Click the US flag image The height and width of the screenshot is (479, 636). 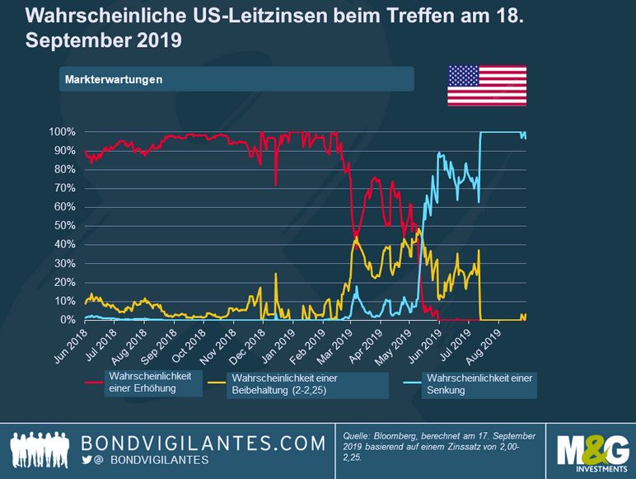pyautogui.click(x=487, y=86)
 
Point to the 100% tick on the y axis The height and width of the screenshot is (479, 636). pyautogui.click(x=63, y=132)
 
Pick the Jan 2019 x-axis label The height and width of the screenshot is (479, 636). pyautogui.click(x=278, y=345)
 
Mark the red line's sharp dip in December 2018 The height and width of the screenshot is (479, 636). pyautogui.click(x=276, y=183)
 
